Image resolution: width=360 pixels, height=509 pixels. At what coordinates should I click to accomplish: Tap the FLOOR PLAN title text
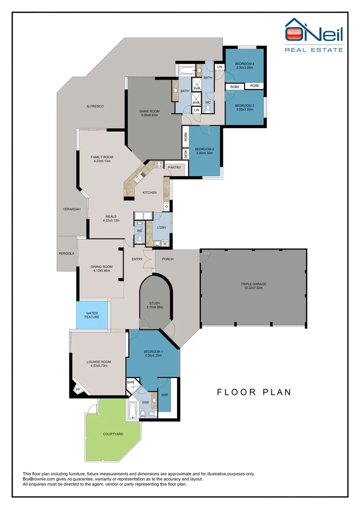point(254,392)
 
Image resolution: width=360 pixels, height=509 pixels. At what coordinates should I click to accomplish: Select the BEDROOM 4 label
point(245,64)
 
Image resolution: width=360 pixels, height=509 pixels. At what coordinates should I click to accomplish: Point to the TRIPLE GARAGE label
point(254,284)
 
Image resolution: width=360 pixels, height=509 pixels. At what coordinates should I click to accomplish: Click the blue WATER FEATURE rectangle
point(92,315)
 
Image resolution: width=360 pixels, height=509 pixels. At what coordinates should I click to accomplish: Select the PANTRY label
point(174,167)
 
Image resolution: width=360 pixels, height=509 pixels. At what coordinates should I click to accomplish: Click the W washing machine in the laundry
point(165,243)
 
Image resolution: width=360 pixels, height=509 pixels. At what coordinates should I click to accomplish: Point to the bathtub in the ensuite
point(133,410)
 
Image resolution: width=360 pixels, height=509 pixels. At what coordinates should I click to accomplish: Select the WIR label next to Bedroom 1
point(164,395)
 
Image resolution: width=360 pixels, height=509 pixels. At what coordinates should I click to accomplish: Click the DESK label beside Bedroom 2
point(186,154)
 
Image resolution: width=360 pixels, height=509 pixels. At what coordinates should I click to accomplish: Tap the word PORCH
point(167,259)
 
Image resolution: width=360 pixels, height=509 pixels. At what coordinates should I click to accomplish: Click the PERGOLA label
point(66,254)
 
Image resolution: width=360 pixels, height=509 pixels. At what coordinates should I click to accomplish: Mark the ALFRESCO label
point(95,107)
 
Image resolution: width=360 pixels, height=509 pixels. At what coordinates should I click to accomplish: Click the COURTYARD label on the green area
point(113,434)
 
